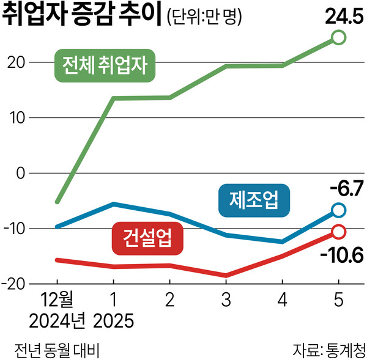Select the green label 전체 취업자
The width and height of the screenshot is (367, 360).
pos(105,63)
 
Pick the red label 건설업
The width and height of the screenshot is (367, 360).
pos(147,235)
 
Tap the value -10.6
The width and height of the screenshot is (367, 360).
pos(339,252)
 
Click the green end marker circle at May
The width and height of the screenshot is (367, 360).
pos(339,39)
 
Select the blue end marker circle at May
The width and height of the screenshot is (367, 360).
pos(339,210)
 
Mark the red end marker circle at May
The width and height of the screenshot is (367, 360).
pos(339,232)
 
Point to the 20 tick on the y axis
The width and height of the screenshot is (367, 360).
pos(17,62)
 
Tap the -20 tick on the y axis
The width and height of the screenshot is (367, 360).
pos(14,285)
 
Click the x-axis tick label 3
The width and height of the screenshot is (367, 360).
pos(226,301)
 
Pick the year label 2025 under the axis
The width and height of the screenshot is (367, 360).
pos(114,320)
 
